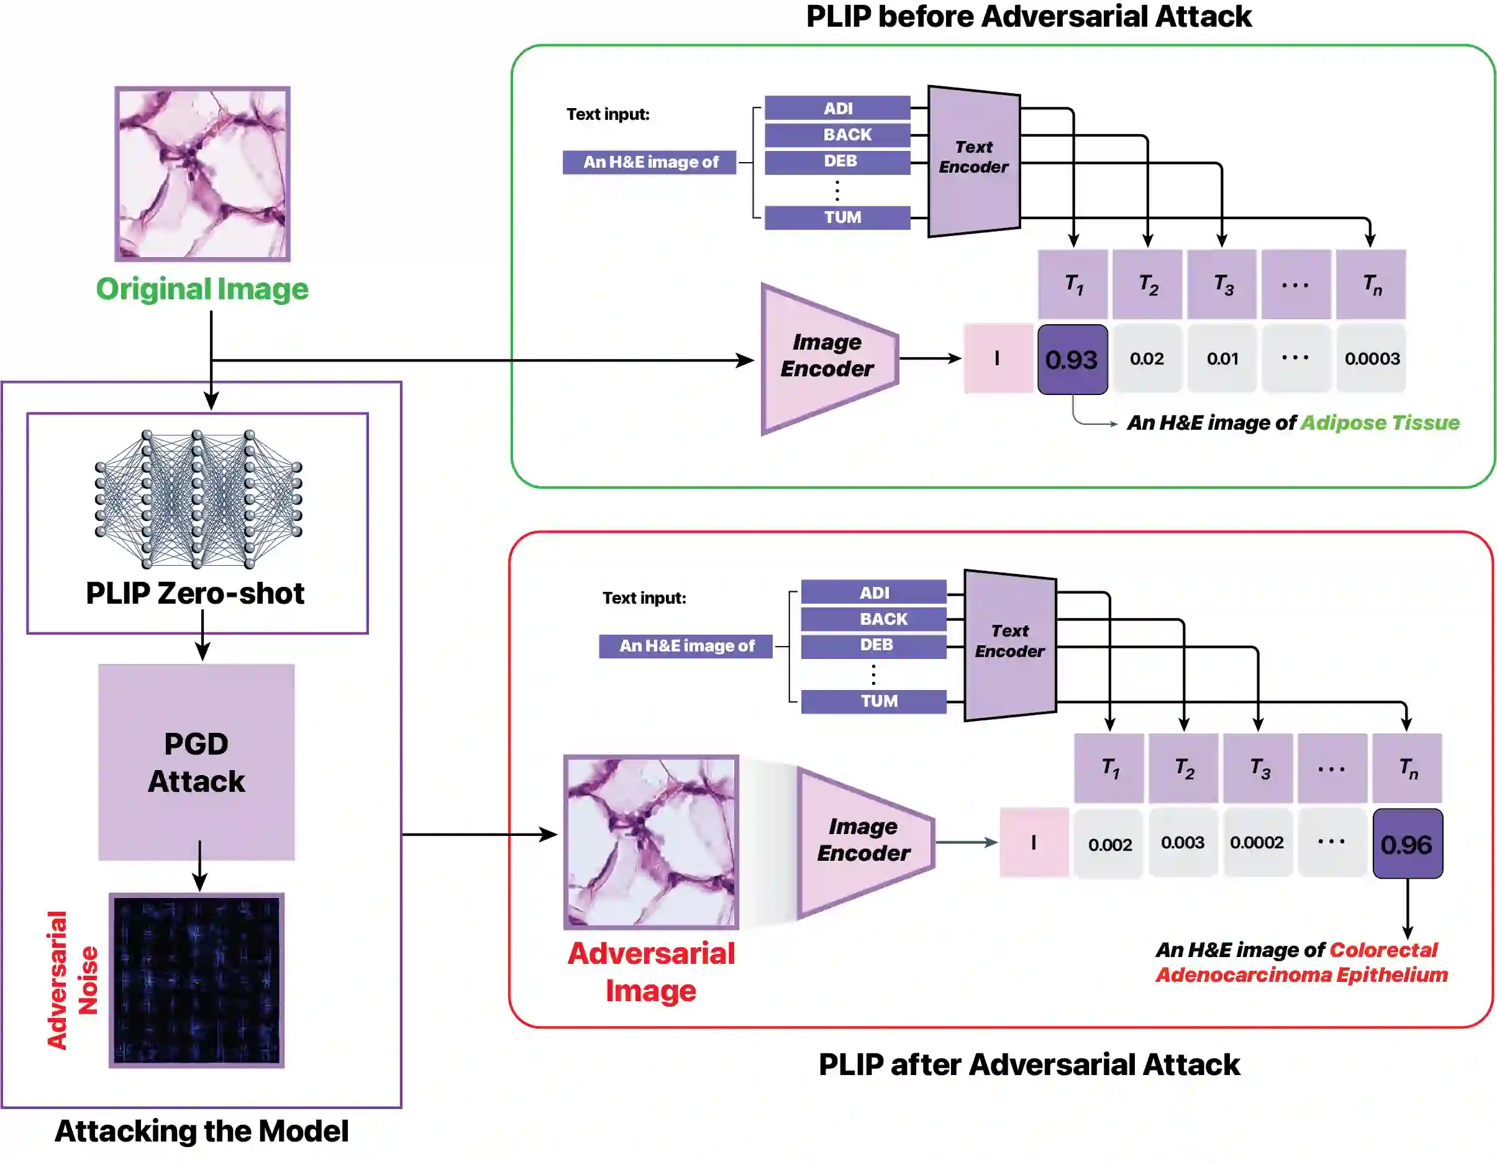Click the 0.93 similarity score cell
1072,359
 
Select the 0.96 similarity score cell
1407,843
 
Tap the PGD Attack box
197,762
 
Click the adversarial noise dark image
197,980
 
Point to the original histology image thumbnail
202,174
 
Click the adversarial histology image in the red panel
651,842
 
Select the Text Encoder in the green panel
974,160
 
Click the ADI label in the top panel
837,108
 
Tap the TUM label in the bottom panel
875,701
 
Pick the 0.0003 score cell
1371,358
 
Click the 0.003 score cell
1183,843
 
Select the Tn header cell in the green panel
1371,284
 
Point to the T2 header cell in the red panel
1184,768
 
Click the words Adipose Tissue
1380,423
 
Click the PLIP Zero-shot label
195,593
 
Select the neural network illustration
198,499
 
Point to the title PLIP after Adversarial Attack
1029,1064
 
